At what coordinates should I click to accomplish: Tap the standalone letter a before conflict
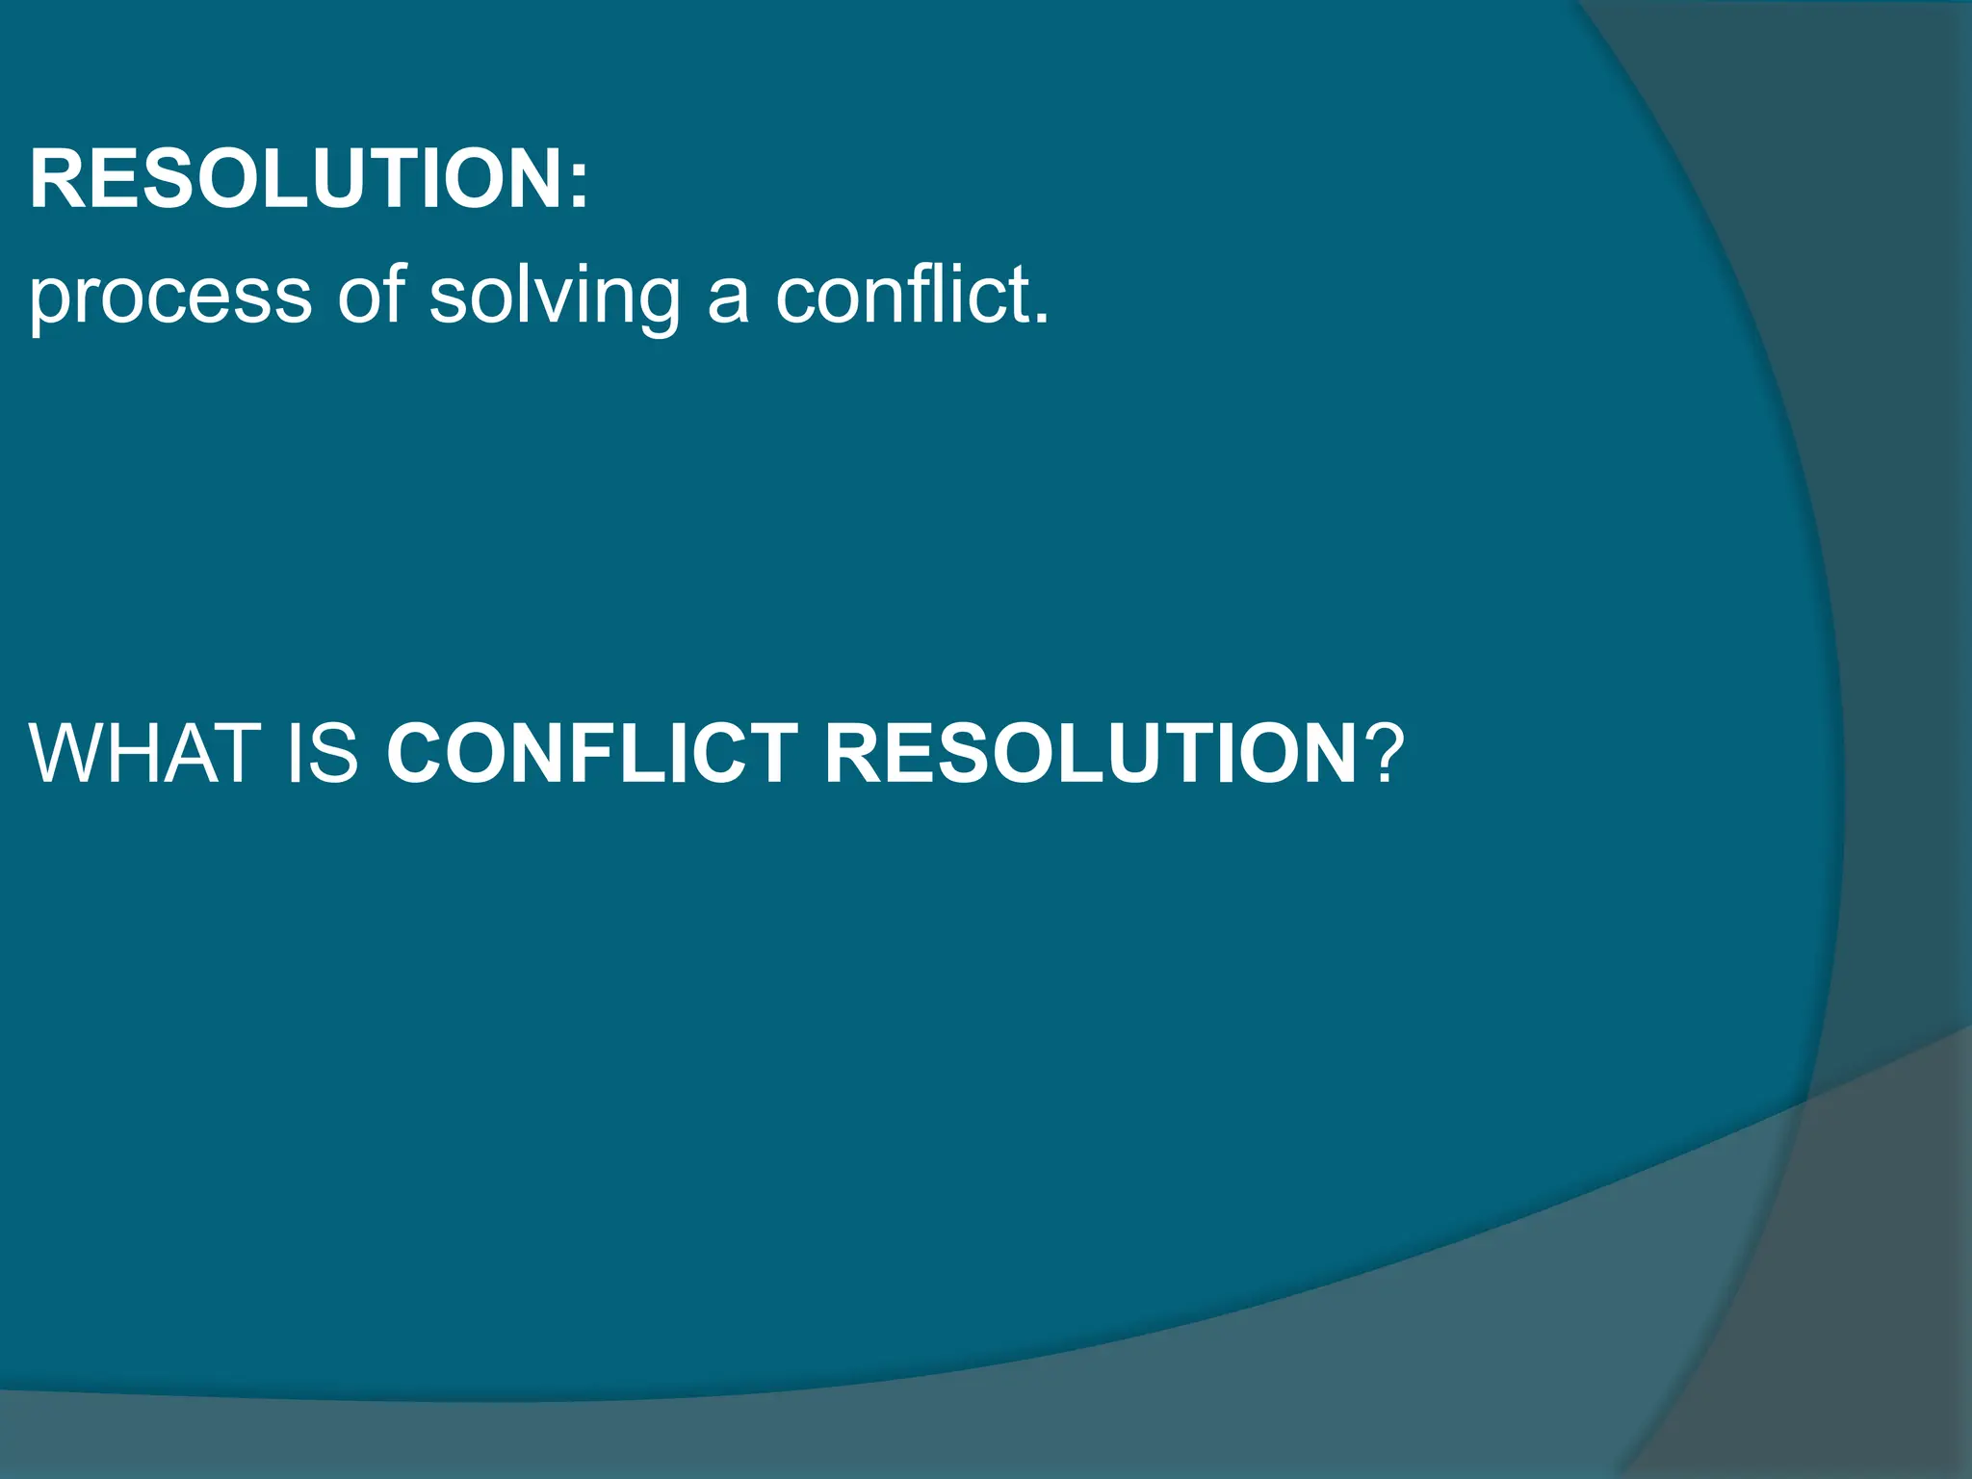click(x=727, y=298)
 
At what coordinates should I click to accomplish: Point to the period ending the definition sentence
click(x=1040, y=319)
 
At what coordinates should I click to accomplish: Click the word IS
click(x=324, y=753)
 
